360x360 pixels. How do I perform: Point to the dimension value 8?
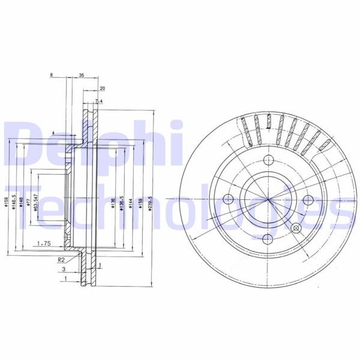tap(52, 76)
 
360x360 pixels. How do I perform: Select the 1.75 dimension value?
tap(43, 243)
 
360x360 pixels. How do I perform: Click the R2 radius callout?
tap(61, 259)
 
